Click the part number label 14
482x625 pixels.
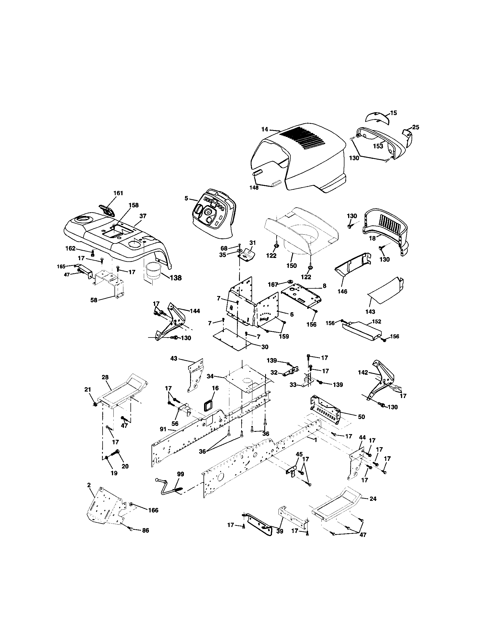(265, 130)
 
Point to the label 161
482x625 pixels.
(118, 193)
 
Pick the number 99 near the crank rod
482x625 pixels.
(180, 474)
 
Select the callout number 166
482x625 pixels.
(153, 510)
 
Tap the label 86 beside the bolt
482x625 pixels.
(146, 530)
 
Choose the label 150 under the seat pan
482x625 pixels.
(291, 266)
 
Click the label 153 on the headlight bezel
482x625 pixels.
(378, 146)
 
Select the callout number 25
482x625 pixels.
(415, 127)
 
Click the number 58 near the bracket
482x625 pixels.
(94, 300)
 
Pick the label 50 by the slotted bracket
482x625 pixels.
(361, 417)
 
